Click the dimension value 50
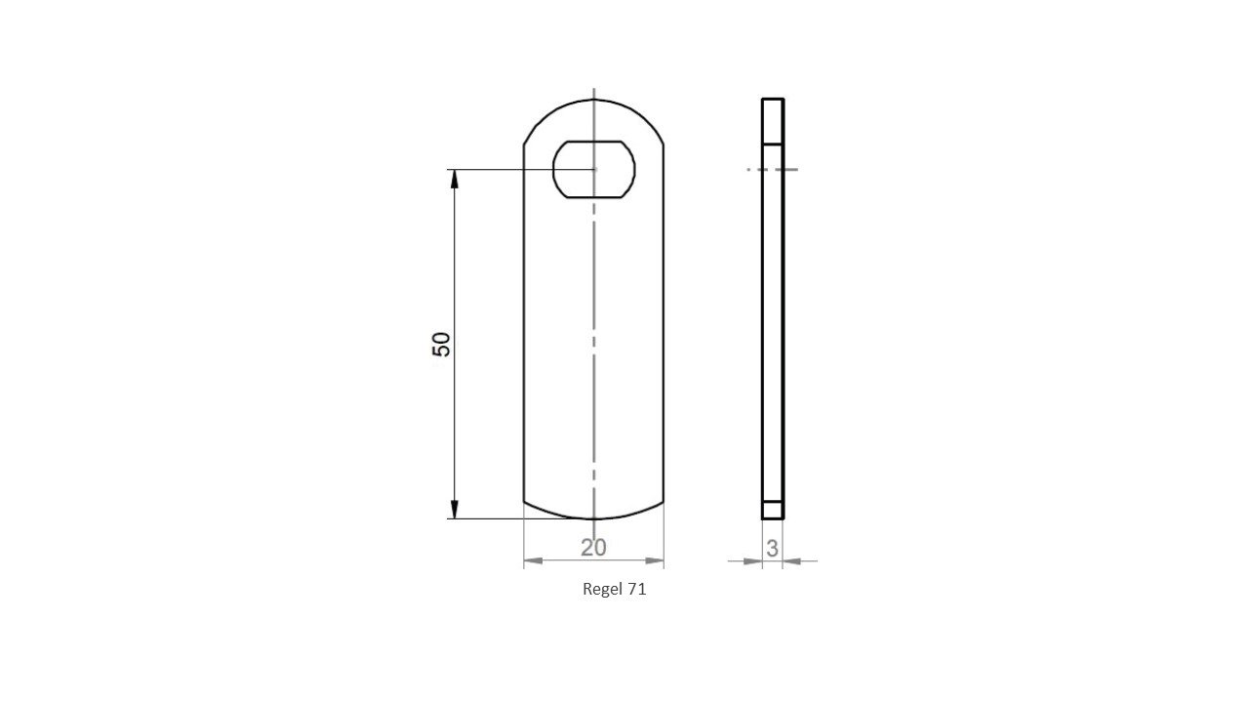pyautogui.click(x=442, y=344)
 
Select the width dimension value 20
pyautogui.click(x=593, y=548)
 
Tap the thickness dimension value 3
pyautogui.click(x=772, y=549)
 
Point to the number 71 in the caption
pyautogui.click(x=637, y=589)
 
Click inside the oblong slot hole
pyautogui.click(x=593, y=171)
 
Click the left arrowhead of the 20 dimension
pyautogui.click(x=533, y=561)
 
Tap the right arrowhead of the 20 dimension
pyautogui.click(x=655, y=561)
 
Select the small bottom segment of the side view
pyautogui.click(x=773, y=510)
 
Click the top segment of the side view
pyautogui.click(x=773, y=121)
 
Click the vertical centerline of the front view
pyautogui.click(x=593, y=342)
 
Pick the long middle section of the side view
pyautogui.click(x=773, y=332)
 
